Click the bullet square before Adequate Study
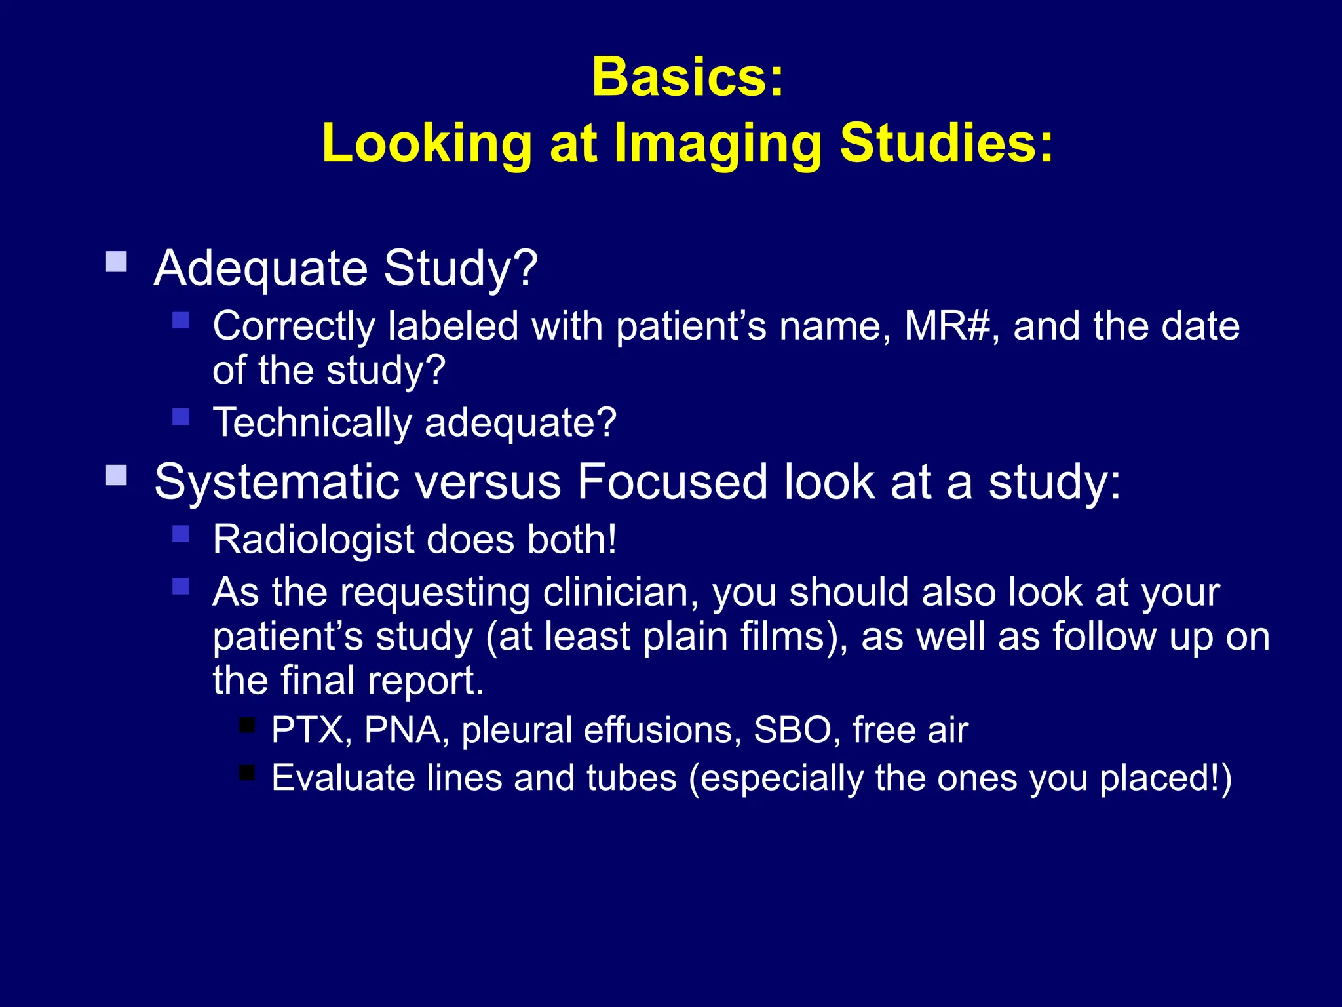[x=117, y=262]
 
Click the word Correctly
[x=293, y=327]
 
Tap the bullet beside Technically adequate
[x=181, y=417]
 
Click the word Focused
[x=671, y=482]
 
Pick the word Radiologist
[x=313, y=540]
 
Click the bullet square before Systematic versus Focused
[x=117, y=475]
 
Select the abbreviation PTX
[x=307, y=730]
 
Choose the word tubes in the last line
[x=631, y=779]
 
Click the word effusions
[x=658, y=730]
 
